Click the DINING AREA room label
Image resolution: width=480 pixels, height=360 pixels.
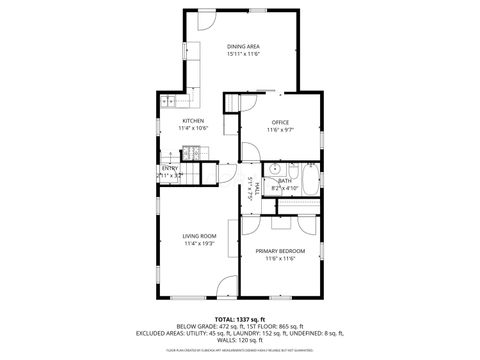click(x=244, y=46)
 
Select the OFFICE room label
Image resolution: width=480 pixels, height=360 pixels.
click(x=280, y=122)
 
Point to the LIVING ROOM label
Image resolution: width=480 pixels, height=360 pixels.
click(x=200, y=236)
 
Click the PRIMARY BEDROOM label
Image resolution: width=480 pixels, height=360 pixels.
click(x=280, y=250)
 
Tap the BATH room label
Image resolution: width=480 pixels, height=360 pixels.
click(x=284, y=180)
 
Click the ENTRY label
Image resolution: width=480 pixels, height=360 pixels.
click(x=170, y=168)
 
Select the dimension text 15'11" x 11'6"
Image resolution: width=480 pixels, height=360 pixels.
click(x=244, y=54)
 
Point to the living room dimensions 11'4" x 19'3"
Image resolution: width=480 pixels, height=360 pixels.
click(x=200, y=244)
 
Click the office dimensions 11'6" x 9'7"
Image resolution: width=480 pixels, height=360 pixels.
click(x=280, y=130)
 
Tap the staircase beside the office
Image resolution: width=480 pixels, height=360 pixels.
click(x=234, y=104)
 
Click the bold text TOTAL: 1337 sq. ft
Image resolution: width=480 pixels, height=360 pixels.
click(x=239, y=318)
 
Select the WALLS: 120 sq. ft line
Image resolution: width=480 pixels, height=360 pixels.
click(x=239, y=340)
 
